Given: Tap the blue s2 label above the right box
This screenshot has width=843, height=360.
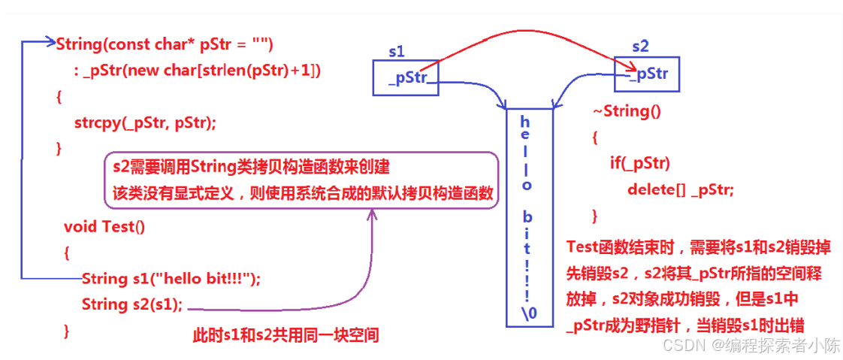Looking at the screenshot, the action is (x=640, y=47).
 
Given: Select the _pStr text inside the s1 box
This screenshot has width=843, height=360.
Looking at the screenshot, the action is (x=408, y=79).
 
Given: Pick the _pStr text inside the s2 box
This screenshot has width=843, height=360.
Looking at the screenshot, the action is (x=649, y=74).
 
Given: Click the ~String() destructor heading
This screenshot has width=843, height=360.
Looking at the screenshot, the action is (x=626, y=111).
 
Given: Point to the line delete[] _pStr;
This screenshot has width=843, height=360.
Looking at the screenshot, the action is (x=681, y=189).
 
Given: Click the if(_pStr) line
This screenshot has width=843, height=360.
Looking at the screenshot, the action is (x=640, y=163).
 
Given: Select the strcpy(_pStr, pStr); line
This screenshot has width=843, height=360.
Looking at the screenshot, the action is (x=145, y=123).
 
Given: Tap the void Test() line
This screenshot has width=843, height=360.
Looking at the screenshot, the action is (x=104, y=226).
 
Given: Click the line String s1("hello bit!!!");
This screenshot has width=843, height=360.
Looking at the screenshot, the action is (x=171, y=279).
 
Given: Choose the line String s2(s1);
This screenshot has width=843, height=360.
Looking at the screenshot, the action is (x=132, y=304).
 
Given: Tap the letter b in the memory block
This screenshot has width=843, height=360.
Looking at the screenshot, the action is (x=527, y=218).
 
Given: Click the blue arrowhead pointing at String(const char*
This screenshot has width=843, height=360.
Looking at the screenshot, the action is (x=52, y=42).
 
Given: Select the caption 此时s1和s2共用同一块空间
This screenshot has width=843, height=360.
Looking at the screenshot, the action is (x=286, y=336).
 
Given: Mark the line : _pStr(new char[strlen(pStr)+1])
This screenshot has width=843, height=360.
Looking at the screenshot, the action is (x=197, y=71).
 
